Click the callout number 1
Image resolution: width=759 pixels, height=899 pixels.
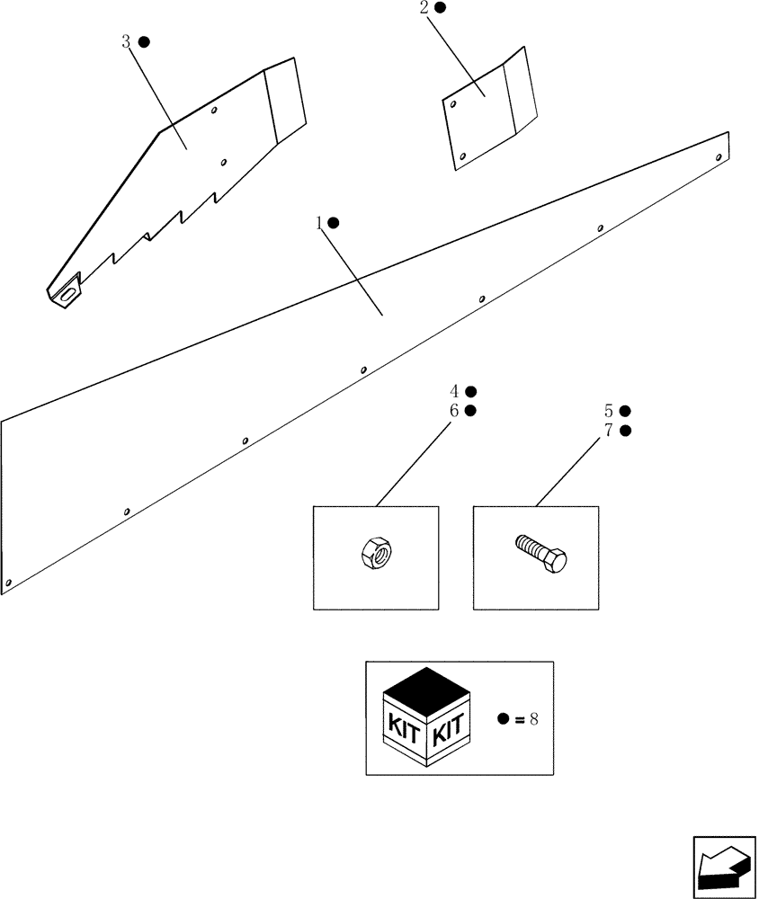pyautogui.click(x=318, y=222)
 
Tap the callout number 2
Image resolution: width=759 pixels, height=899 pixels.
pyautogui.click(x=424, y=8)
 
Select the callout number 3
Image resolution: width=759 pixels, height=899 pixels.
pyautogui.click(x=126, y=42)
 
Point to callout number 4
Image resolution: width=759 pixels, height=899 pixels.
pyautogui.click(x=455, y=391)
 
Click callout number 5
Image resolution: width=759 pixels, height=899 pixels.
pyautogui.click(x=609, y=411)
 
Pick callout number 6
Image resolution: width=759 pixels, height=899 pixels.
pyautogui.click(x=455, y=411)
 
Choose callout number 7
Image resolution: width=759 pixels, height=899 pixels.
pyautogui.click(x=609, y=431)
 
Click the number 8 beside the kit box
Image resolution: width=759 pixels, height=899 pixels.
pyautogui.click(x=534, y=718)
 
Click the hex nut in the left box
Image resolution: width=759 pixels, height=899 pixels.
pyautogui.click(x=375, y=551)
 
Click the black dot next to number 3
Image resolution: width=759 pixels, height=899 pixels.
pyautogui.click(x=144, y=42)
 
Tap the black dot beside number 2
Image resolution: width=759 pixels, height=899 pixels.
pyautogui.click(x=440, y=7)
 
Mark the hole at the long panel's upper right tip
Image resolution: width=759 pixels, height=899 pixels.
pyautogui.click(x=718, y=157)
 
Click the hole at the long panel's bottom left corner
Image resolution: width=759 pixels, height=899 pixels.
pyautogui.click(x=8, y=583)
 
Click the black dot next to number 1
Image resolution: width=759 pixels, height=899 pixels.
pyautogui.click(x=334, y=222)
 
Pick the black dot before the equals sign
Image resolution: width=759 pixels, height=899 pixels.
pyautogui.click(x=504, y=718)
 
